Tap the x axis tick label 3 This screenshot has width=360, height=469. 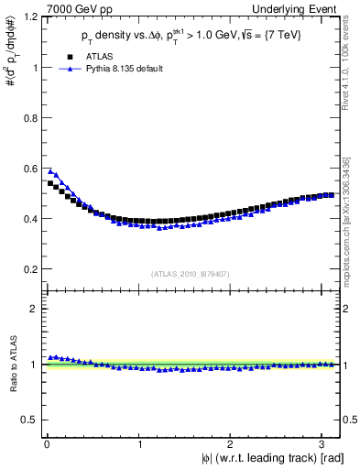point(323,444)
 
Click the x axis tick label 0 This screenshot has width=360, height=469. point(47,444)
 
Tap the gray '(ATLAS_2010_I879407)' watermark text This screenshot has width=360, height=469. point(191,273)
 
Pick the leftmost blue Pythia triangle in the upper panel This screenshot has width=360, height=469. point(50,170)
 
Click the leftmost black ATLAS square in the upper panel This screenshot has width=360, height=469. point(50,183)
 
